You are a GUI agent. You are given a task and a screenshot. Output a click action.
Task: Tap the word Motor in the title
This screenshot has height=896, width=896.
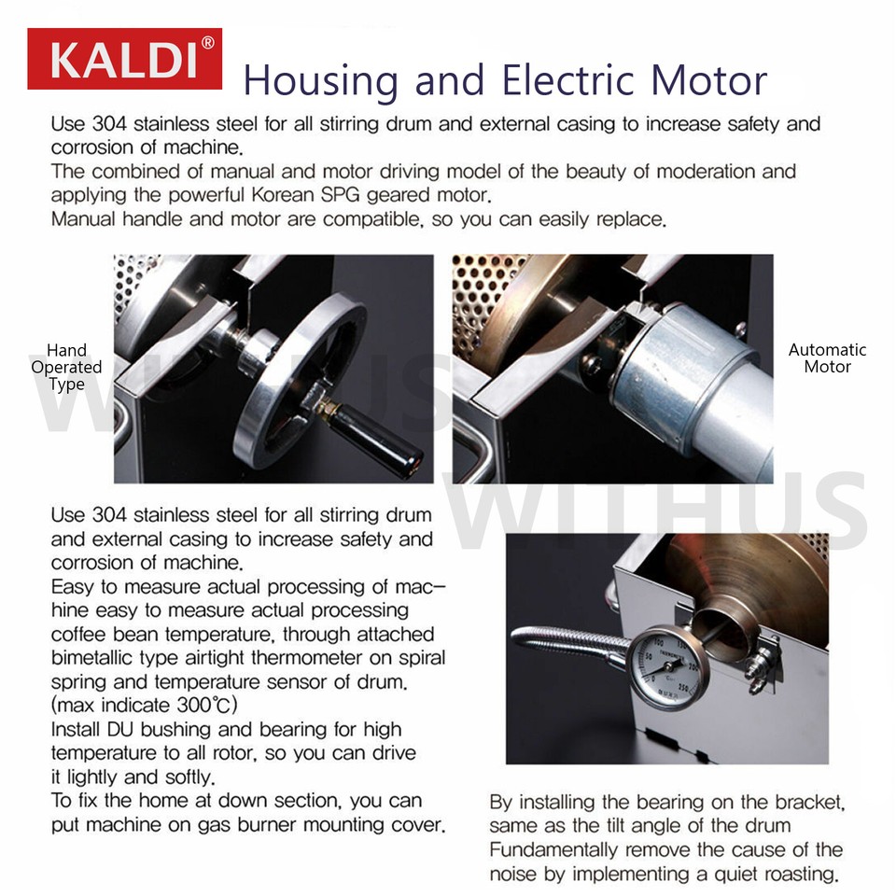tap(708, 80)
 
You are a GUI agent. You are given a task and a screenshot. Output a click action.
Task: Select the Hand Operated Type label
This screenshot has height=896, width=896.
tap(66, 367)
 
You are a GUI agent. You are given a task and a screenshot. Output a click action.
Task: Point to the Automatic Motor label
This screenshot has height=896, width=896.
tap(827, 358)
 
